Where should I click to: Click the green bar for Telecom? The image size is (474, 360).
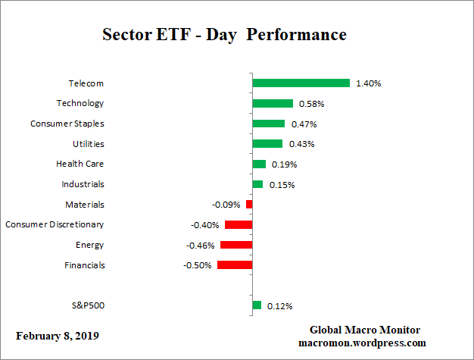(301, 83)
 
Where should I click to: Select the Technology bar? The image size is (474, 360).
(273, 103)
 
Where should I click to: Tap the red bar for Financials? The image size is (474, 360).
(235, 265)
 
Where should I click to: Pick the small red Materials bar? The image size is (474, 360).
(249, 205)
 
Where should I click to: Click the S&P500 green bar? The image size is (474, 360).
(257, 305)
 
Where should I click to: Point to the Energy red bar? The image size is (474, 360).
(236, 245)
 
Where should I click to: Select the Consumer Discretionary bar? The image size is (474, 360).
(239, 224)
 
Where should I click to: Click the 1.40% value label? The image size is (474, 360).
(368, 83)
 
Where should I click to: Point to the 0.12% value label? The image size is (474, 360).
(279, 306)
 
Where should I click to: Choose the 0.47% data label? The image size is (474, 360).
(304, 124)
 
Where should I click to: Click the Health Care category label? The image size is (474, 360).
(80, 164)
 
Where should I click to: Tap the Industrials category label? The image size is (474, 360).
(83, 184)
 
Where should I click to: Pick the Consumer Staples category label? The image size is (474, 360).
(67, 124)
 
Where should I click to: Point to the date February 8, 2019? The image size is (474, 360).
(57, 335)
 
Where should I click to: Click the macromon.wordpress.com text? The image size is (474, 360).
(365, 343)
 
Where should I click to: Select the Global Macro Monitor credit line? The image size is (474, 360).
(365, 330)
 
